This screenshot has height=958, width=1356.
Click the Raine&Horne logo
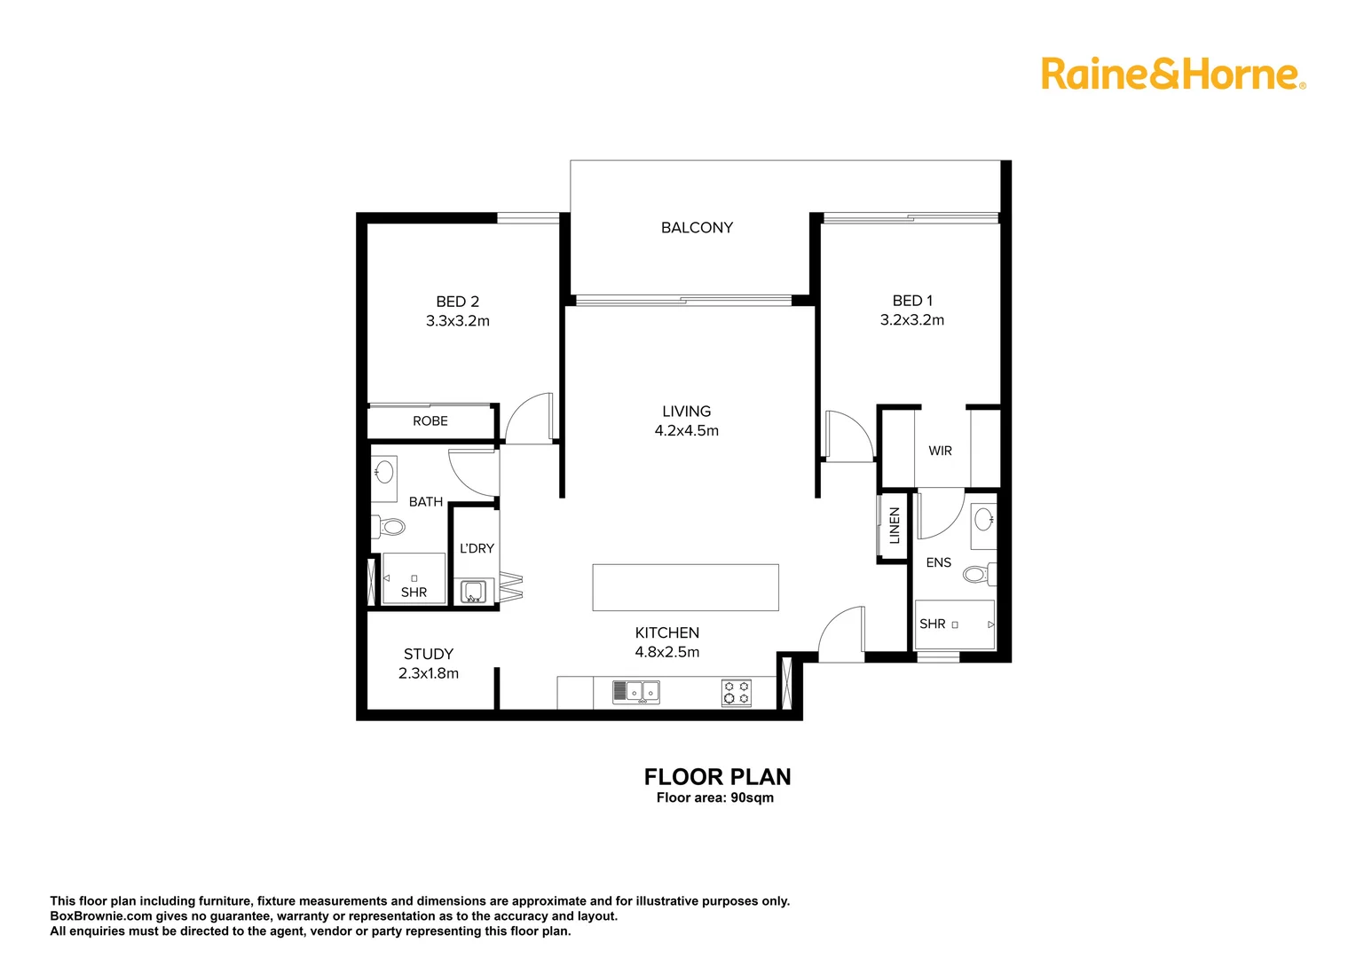[1172, 74]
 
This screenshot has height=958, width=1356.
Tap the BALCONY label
[697, 228]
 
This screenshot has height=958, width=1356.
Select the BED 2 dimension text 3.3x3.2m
[457, 321]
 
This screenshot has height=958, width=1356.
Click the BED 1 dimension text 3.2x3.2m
[911, 320]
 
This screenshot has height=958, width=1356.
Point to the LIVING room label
[686, 412]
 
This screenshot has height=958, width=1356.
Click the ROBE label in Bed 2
[430, 421]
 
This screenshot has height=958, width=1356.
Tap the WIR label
[940, 451]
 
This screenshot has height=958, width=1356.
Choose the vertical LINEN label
[894, 525]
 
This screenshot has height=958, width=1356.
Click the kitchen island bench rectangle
[685, 587]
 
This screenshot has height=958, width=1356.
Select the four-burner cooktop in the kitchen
[736, 693]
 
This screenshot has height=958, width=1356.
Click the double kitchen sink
[635, 692]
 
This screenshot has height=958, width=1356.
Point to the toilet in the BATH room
[390, 527]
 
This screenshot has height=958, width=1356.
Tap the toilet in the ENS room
[977, 575]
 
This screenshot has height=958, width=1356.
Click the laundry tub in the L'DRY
[472, 592]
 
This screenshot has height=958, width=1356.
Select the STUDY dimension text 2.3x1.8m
[429, 673]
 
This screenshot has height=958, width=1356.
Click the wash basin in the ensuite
[983, 518]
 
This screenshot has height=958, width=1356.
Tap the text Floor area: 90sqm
[714, 797]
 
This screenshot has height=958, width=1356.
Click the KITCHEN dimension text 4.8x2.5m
[666, 652]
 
